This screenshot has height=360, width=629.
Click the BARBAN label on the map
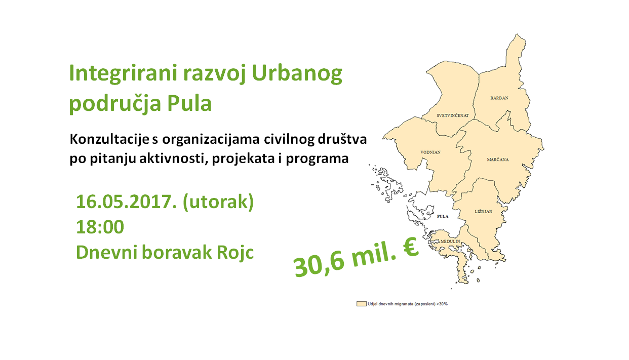pos(499,98)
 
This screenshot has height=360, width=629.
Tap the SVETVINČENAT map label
pos(453,115)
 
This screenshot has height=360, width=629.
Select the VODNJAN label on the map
pos(430,152)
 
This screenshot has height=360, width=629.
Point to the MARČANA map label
pos(498,159)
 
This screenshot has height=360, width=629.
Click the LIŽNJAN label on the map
pos(484,212)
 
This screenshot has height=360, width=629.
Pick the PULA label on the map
pos(443,216)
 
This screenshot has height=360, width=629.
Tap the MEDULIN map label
pos(450,241)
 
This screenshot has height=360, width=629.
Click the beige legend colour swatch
pos(362,304)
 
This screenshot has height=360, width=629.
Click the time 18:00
pos(100,227)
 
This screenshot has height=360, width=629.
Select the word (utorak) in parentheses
pos(218,202)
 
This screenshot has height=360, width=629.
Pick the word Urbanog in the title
pos(297,74)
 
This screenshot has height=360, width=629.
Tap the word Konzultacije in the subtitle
pos(109,140)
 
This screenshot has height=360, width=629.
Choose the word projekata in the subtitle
pos(243,159)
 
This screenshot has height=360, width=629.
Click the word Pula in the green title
pos(189,103)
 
